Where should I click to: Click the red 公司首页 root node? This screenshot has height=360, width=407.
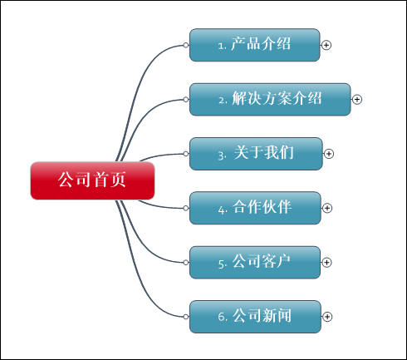coord(92,180)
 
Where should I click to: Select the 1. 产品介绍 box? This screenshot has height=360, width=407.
coord(255,45)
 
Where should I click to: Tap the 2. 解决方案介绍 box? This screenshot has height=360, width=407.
coord(270,99)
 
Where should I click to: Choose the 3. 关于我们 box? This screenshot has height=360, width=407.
coord(256,154)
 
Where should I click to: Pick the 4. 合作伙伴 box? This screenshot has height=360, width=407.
coord(255,208)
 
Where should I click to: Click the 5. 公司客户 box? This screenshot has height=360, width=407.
coord(255,262)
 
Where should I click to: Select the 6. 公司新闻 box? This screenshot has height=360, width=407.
coord(255,317)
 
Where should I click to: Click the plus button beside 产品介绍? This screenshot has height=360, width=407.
coord(326,45)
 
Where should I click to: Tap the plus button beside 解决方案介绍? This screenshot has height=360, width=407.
coord(357,99)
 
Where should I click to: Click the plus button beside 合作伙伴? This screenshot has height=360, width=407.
coord(327,208)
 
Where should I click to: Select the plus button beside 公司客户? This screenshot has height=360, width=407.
coord(326,262)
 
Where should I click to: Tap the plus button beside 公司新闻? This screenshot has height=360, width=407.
coord(327,317)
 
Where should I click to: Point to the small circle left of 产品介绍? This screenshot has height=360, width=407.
coord(186,45)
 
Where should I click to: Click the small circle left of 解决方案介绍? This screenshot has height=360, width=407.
coord(186,99)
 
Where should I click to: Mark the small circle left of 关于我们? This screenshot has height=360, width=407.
coord(186,154)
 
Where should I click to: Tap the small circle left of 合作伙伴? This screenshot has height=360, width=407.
coord(186,208)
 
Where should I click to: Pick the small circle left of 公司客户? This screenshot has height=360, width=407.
coord(186,262)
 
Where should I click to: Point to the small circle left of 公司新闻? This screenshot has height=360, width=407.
coord(186,317)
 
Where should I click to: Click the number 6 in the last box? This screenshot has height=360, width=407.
coord(221,317)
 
